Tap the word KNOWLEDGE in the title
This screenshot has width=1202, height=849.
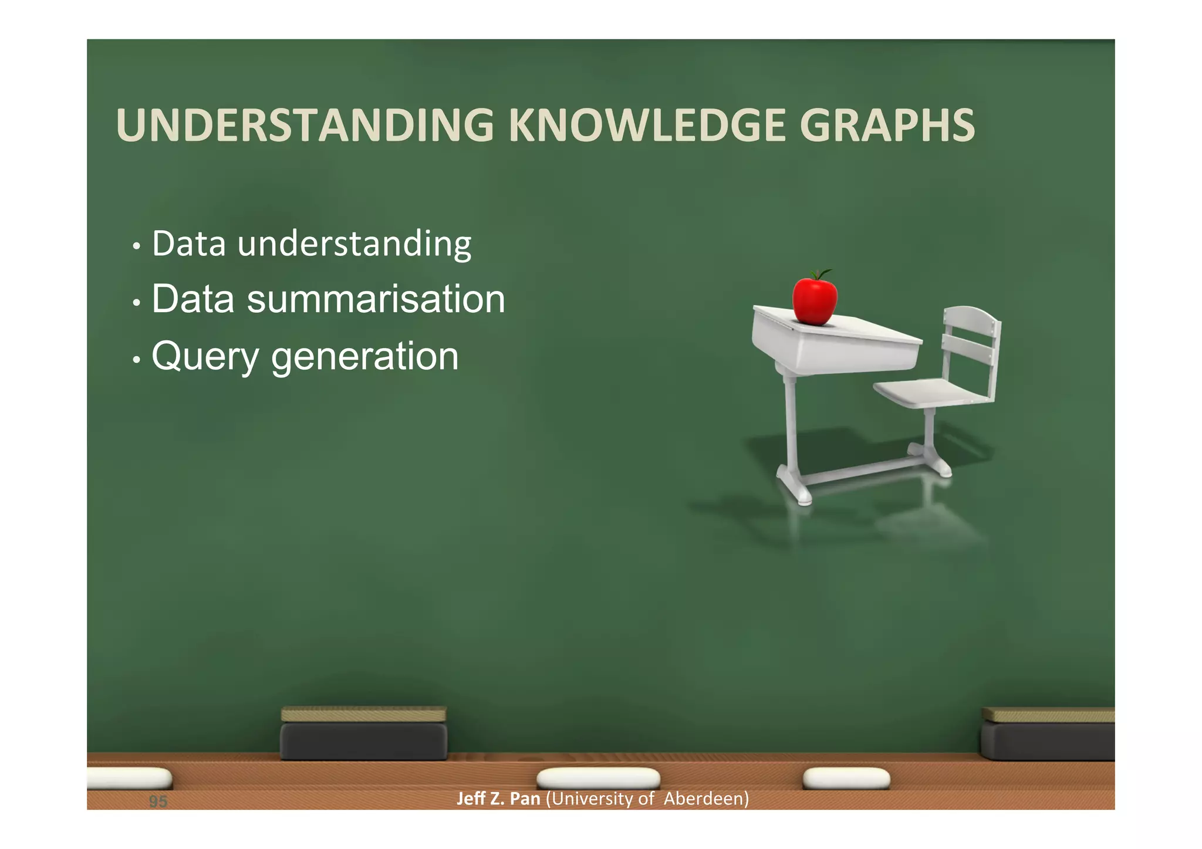(x=646, y=125)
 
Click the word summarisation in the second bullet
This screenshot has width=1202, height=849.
(x=376, y=299)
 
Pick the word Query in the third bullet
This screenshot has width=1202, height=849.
(x=205, y=357)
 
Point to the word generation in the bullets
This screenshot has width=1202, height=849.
(x=364, y=357)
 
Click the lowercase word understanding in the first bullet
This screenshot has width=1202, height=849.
(x=354, y=244)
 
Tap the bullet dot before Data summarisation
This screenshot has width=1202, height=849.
(x=136, y=303)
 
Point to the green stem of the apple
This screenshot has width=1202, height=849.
(x=820, y=273)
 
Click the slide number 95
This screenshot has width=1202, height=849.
(x=158, y=801)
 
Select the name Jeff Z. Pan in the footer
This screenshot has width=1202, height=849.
(x=498, y=799)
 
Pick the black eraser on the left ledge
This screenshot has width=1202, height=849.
(x=363, y=740)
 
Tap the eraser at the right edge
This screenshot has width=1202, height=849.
(x=1048, y=740)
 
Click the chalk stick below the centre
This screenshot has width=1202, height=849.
(x=598, y=779)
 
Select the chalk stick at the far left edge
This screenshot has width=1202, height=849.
(x=129, y=778)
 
